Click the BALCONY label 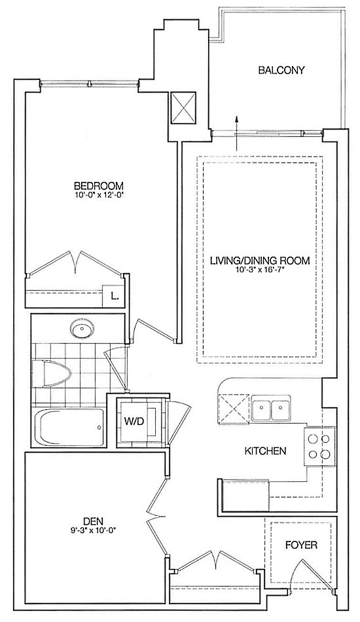tap(281, 70)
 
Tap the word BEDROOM tap(98, 185)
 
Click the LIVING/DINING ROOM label tap(260, 260)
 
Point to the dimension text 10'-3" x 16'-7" tap(260, 270)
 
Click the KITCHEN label tap(265, 451)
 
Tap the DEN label tap(90, 521)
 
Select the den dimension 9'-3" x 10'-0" tap(90, 531)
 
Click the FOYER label tap(302, 545)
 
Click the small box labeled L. tap(115, 296)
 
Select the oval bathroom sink tap(83, 329)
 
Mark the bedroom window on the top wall tap(89, 83)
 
